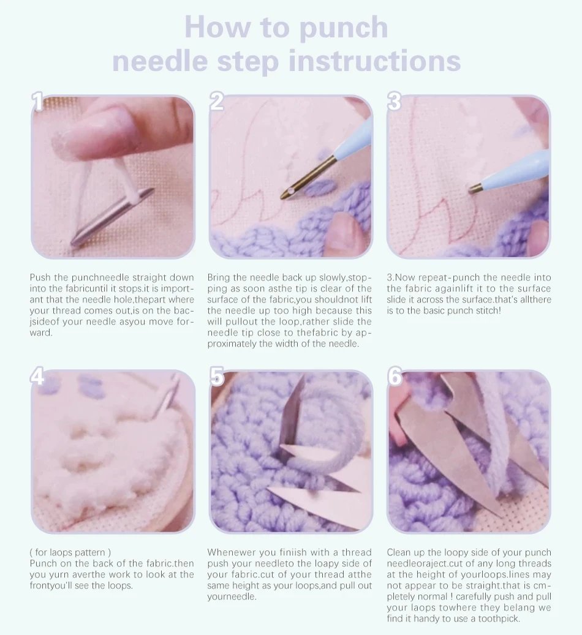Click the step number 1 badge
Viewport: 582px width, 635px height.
[38, 102]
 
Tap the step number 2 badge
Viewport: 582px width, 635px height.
[216, 102]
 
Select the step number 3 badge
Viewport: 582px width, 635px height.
[394, 102]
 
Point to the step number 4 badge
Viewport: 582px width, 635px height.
[38, 377]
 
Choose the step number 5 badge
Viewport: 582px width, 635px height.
[216, 377]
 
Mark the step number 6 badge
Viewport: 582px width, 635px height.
[395, 377]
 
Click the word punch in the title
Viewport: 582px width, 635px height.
[336, 28]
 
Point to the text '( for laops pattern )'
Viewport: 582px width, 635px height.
[70, 552]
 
